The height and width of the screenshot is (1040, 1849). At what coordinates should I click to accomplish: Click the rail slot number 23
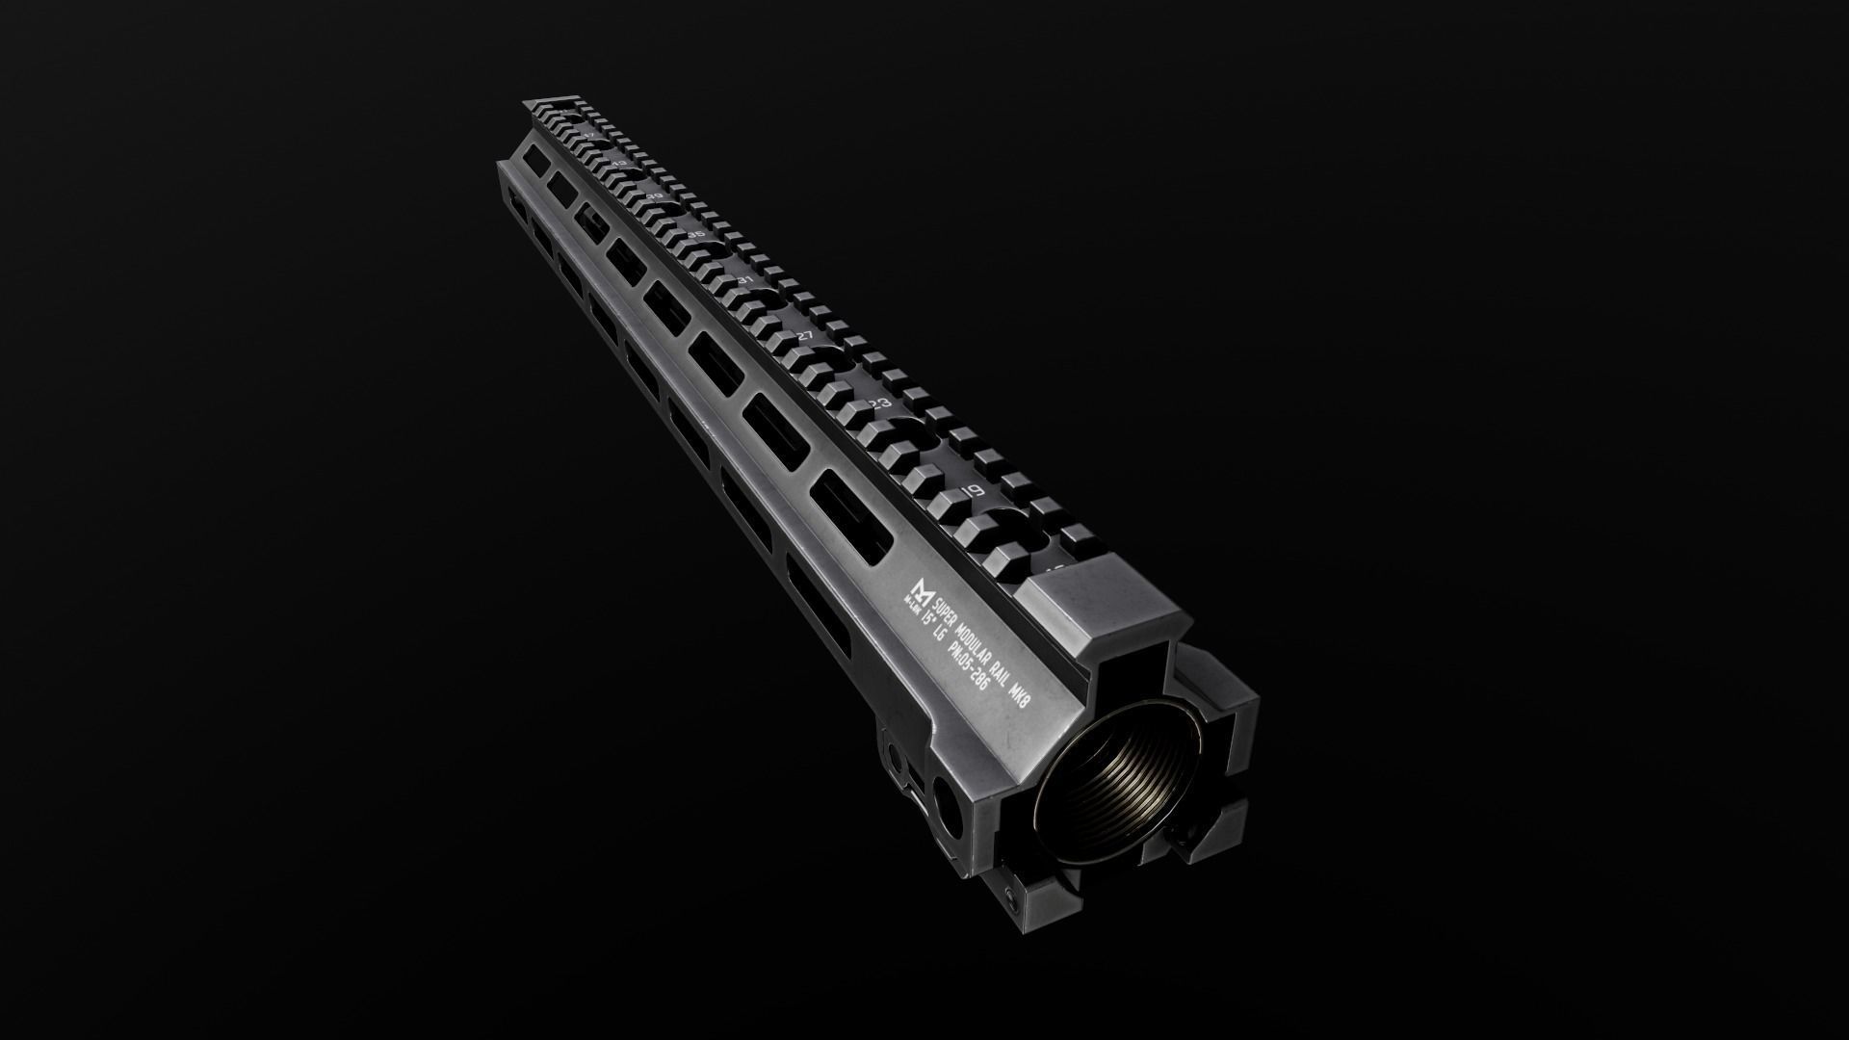879,404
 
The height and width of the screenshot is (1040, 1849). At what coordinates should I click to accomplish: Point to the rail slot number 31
745,280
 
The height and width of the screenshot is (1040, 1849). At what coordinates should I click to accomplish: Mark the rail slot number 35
697,235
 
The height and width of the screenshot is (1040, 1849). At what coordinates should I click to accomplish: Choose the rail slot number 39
656,196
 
